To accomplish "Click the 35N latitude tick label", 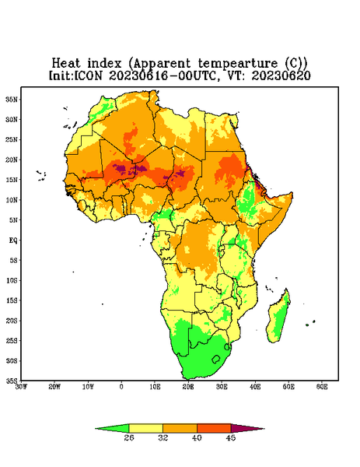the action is (12, 99).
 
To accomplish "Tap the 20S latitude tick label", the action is (12, 321).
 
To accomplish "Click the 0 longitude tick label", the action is (121, 387).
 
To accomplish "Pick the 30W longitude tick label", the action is (21, 387).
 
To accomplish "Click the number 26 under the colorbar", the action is (129, 437).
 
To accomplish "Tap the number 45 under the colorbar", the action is (231, 437).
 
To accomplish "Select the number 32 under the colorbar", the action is (163, 437).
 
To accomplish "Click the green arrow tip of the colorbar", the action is (96, 429).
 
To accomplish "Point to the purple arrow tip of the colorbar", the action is (264, 429).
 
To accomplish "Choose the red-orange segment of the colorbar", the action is (214, 428).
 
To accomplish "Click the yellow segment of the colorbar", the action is (145, 428).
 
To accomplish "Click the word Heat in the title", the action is (66, 64).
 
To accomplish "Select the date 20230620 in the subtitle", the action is (281, 75).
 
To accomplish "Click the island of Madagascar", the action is (279, 318).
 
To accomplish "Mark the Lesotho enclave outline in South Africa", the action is (216, 359).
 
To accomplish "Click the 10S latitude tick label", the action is (12, 280).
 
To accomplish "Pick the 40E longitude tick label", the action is (255, 387).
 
